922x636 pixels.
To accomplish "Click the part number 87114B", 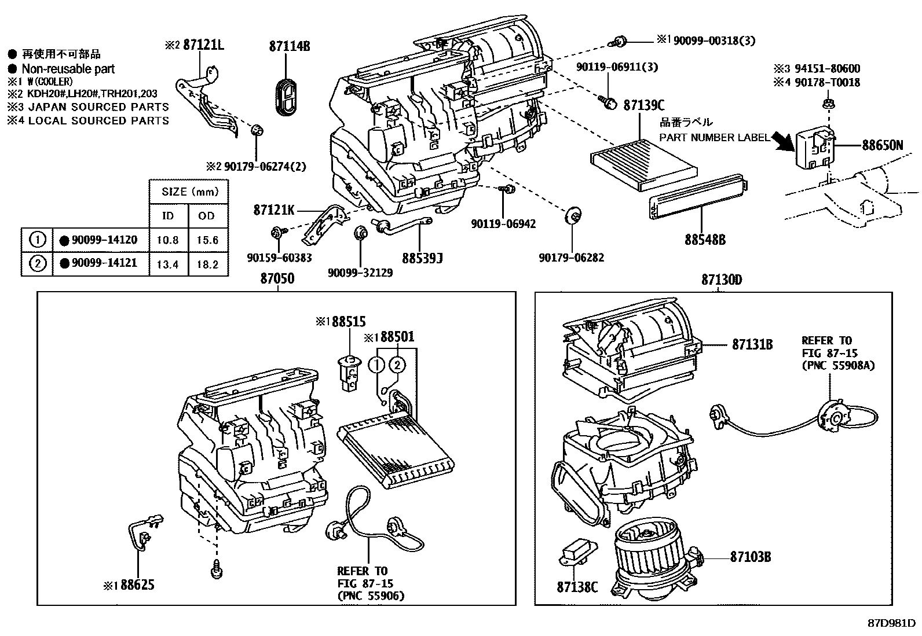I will pos(289,46).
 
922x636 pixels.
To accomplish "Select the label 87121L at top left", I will pos(203,45).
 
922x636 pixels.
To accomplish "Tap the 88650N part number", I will pos(882,145).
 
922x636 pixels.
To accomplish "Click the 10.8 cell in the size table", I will pos(168,240).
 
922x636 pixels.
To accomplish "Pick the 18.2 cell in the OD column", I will pos(207,264).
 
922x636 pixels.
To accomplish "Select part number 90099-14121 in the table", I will pos(104,263).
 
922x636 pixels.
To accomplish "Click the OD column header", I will pos(207,216).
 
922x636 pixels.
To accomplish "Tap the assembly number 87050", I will pos(277,279).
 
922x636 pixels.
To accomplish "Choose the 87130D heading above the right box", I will pos(721,280).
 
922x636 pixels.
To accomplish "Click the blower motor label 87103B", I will pos(750,557).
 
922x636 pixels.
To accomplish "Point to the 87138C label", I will pos(577,587).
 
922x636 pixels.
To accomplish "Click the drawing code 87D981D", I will pos(891,623).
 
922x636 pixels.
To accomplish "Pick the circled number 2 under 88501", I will pos(397,364).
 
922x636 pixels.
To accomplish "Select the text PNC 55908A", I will pos(838,366).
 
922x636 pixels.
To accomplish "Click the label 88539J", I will pos(422,258).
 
